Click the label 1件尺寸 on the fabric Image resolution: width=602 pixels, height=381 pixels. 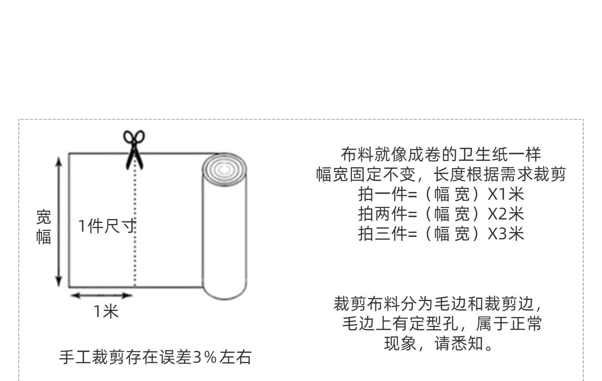(x=107, y=226)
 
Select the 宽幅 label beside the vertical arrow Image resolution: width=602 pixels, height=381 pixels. (x=43, y=227)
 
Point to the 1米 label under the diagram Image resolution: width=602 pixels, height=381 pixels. (x=106, y=312)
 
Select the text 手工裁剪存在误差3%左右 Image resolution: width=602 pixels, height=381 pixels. (x=155, y=357)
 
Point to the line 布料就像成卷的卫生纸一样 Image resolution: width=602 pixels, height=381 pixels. (x=441, y=155)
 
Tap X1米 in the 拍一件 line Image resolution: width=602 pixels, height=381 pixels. (x=506, y=194)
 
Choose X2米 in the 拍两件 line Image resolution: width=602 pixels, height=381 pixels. (x=506, y=214)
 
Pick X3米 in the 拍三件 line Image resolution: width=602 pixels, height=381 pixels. (x=506, y=234)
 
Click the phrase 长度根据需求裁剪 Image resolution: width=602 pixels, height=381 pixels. (x=500, y=174)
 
